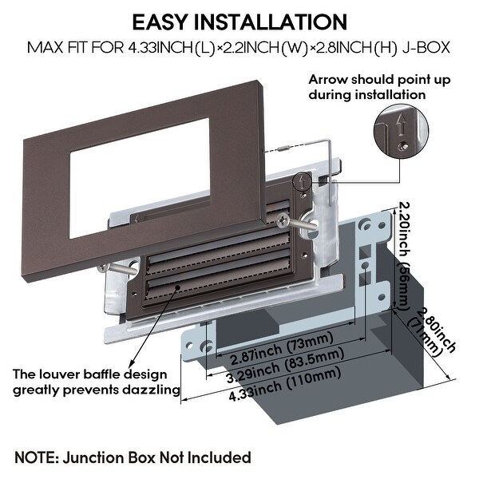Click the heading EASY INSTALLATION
click(x=239, y=22)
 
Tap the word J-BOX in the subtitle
click(x=426, y=48)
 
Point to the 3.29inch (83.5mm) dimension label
click(x=285, y=366)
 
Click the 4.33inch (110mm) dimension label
click(x=285, y=383)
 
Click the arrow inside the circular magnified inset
click(x=401, y=125)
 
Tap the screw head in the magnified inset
click(x=403, y=146)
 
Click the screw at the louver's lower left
click(x=103, y=268)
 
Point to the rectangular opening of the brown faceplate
click(x=140, y=178)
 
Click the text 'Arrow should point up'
click(x=379, y=79)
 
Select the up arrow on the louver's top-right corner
click(x=302, y=181)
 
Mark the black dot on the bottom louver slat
click(x=177, y=287)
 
